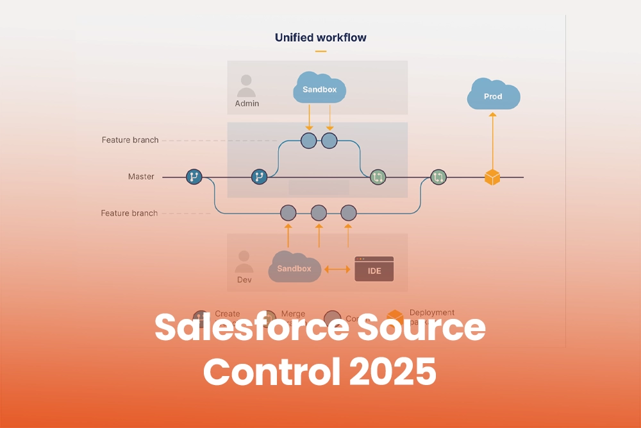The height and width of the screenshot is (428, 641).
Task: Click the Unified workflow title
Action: click(320, 37)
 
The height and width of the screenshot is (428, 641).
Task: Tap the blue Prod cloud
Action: click(493, 96)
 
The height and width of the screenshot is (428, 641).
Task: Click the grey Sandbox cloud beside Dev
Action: click(294, 268)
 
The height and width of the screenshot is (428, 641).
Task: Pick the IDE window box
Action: click(374, 270)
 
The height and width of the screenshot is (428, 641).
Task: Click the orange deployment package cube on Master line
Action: click(492, 177)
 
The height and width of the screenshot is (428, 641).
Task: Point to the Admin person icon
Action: click(246, 85)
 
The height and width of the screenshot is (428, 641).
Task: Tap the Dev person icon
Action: click(244, 262)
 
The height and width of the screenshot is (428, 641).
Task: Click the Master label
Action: click(141, 176)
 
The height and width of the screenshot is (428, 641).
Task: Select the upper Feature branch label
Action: click(129, 140)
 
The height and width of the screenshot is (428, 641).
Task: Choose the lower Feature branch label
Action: click(129, 213)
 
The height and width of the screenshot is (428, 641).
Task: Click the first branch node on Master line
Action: click(194, 176)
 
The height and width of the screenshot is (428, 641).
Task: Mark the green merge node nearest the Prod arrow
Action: click(438, 176)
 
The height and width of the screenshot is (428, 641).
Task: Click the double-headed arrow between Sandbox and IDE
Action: click(337, 270)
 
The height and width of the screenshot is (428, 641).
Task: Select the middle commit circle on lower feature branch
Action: click(319, 212)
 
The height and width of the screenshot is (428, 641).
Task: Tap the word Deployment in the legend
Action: click(431, 312)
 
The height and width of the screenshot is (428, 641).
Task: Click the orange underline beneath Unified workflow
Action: click(320, 51)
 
